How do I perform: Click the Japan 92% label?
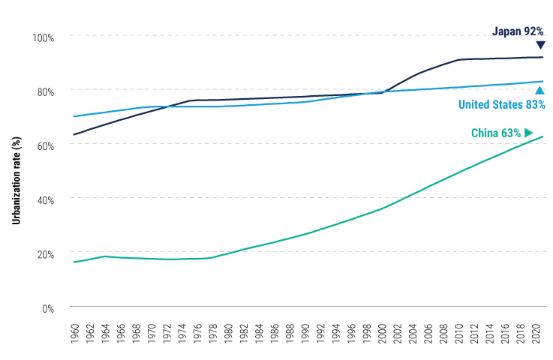coord(518,31)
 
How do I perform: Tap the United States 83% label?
coord(501,104)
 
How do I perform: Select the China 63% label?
coord(495,133)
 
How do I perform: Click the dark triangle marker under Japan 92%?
coord(539,45)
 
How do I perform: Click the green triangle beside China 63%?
coord(529,133)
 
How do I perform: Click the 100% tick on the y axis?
coord(44,37)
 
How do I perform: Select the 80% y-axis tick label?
coord(44,91)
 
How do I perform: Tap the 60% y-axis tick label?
coord(44,145)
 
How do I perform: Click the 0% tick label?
coord(47,308)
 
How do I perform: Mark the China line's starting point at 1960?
coord(73,262)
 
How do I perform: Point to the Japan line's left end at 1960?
coord(73,135)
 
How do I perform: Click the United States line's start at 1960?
coord(73,116)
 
